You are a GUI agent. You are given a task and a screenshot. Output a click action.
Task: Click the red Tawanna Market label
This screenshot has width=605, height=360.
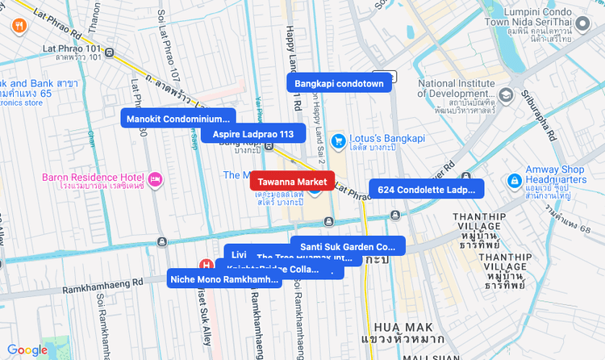coord(292,182)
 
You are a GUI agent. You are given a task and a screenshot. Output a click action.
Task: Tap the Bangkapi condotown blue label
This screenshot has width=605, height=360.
coord(339,83)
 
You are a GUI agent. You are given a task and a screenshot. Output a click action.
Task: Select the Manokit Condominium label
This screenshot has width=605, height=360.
coord(178,119)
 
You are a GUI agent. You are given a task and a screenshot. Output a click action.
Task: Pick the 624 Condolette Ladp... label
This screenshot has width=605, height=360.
coord(427,190)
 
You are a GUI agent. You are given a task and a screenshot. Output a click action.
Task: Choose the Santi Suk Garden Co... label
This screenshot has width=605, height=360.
coord(348,246)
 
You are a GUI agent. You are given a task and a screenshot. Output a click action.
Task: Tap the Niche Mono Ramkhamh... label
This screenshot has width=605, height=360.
coord(224,279)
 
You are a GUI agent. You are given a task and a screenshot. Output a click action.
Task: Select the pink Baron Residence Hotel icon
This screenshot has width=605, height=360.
coord(156,178)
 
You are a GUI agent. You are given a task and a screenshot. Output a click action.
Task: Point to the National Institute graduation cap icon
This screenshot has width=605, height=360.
coord(506,95)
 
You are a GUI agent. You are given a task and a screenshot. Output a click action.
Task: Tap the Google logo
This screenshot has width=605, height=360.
coord(27,350)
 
